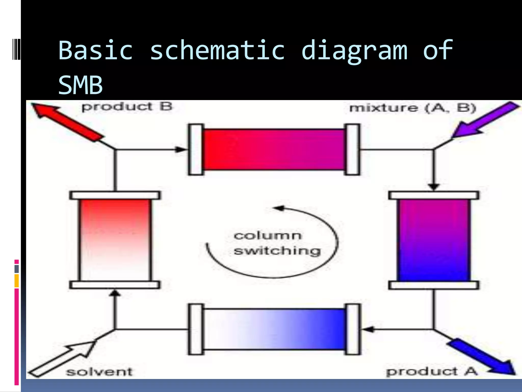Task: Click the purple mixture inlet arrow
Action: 484,119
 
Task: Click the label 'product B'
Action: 127,107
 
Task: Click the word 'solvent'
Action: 99,372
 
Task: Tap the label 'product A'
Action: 432,371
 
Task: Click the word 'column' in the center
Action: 268,236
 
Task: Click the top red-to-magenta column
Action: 274,150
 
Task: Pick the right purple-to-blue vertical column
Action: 434,240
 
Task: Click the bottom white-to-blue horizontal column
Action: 274,329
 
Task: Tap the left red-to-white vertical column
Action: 115,240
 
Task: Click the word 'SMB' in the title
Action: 81,85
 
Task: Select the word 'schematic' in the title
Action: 217,50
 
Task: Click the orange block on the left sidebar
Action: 17,281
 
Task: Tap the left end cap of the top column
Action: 196,150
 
